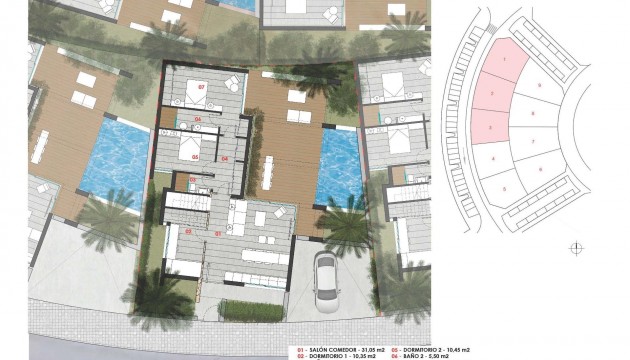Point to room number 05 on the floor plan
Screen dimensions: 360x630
tap(194, 157)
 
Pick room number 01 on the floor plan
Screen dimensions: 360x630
tap(218, 232)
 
